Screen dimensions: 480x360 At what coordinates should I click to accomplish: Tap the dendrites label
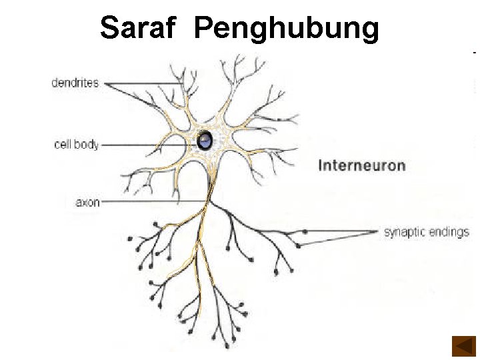coord(75,83)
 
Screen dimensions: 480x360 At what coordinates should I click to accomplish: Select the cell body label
coord(76,144)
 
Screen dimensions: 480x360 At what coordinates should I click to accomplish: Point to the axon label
coord(87,202)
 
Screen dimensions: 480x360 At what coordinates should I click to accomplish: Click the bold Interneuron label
coord(361,165)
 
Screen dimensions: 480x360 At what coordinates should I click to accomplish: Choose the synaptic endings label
coord(426,233)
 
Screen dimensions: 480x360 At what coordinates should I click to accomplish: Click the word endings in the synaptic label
coord(448,233)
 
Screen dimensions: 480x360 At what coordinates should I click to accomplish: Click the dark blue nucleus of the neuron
coord(205,140)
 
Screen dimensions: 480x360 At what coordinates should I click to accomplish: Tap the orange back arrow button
coord(463,346)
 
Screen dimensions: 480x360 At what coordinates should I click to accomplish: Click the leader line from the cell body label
coord(147,144)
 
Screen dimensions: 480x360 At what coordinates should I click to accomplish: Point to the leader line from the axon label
coord(153,201)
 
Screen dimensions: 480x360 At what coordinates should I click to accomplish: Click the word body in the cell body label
coord(87,144)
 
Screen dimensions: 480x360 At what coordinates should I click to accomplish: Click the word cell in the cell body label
coord(63,144)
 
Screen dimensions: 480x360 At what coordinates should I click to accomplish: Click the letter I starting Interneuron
coord(321,165)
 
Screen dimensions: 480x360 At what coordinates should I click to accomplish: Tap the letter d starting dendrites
coord(55,83)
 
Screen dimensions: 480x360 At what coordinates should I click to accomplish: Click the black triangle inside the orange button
coord(461,346)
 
